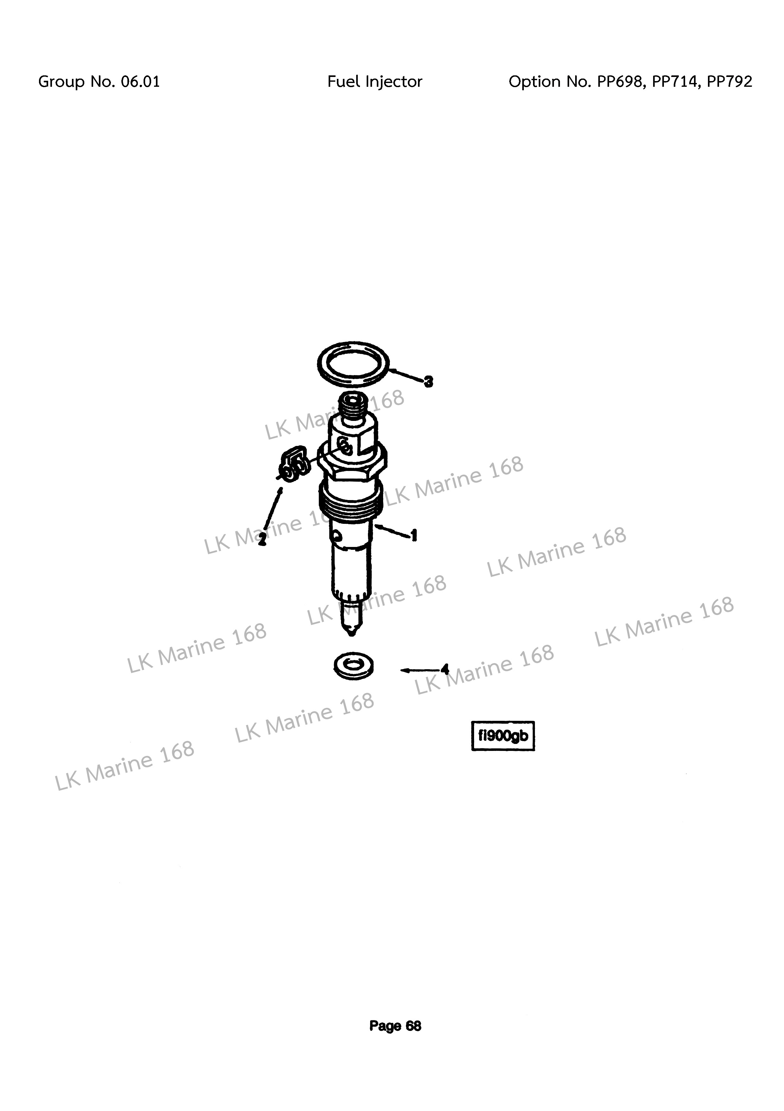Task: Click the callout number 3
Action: pos(428,382)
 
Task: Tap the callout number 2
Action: pos(262,540)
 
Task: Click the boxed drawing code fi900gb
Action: pos(503,736)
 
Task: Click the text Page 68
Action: pos(395,1026)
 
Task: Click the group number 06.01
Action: pos(140,81)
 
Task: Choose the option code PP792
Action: pos(729,81)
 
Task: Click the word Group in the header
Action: pos(61,81)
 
